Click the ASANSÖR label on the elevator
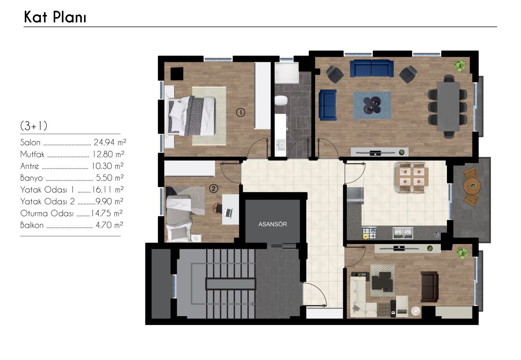pos(273,224)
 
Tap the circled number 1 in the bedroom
pos(241,113)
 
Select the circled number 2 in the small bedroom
pos(214,188)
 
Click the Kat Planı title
pos(55,17)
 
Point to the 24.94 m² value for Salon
pos(110,142)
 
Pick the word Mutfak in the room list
pos(32,154)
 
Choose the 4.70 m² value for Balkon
pos(109,225)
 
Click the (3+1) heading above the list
pos(34,126)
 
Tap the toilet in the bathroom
pos(281,101)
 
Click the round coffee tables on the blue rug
pos(372,105)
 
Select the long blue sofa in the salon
pos(372,69)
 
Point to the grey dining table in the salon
pos(448,107)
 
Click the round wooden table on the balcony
pos(472,185)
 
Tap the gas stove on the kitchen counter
pos(369,233)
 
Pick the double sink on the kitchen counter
pos(403,233)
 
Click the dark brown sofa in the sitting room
pos(429,287)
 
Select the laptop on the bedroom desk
pos(228,213)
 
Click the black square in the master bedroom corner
pos(177,74)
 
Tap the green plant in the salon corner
pos(460,66)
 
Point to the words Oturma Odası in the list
pos(47,213)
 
